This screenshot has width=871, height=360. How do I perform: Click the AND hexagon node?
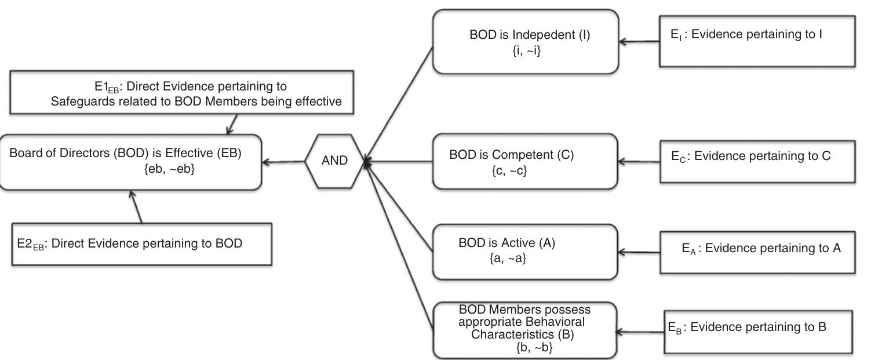click(334, 161)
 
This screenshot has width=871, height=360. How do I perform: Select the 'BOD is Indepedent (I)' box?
click(526, 42)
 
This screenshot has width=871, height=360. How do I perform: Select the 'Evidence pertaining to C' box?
click(759, 162)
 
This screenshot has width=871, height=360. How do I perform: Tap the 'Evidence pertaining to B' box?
click(758, 332)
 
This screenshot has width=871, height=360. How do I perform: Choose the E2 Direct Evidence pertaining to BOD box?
click(142, 243)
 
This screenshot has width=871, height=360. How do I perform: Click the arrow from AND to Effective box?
click(283, 162)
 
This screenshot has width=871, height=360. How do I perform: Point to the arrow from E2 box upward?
click(137, 208)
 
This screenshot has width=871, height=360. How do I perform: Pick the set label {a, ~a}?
click(508, 259)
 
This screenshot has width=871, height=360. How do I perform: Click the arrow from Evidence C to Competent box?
click(639, 162)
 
